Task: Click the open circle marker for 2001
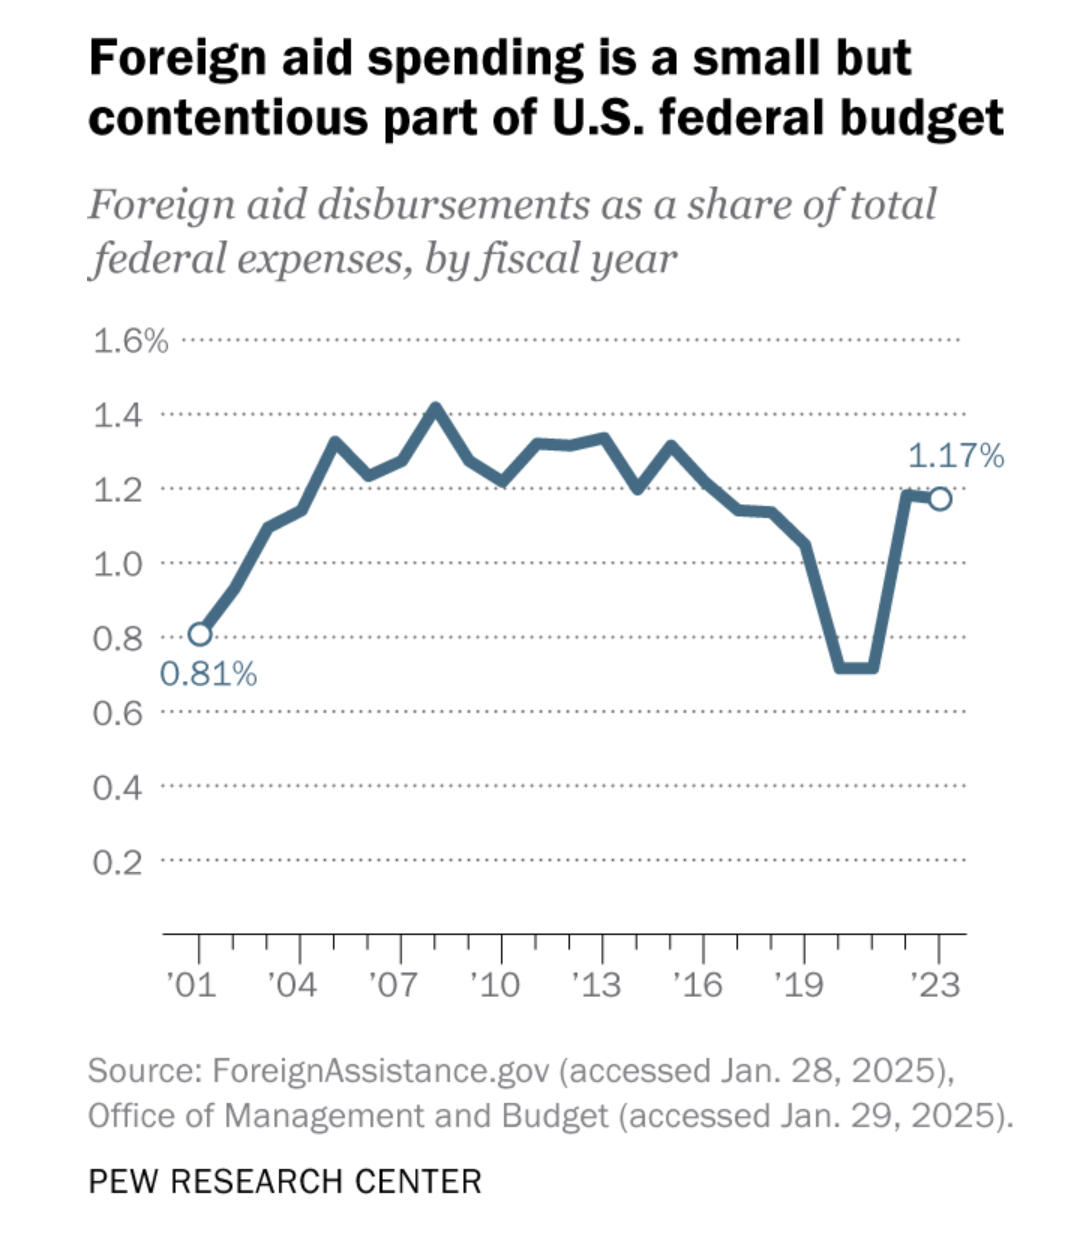tap(200, 634)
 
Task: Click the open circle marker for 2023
tap(940, 498)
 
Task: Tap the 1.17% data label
tap(955, 457)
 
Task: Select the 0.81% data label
tap(208, 675)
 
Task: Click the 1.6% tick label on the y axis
tap(130, 341)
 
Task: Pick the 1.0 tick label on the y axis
tap(118, 564)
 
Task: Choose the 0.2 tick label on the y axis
tap(118, 862)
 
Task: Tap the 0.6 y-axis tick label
tap(118, 713)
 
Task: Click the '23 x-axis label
tap(936, 986)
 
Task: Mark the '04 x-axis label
tap(292, 986)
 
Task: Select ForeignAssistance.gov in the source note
tap(381, 1071)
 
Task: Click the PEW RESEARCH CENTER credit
tap(285, 1181)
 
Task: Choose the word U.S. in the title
tap(612, 118)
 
